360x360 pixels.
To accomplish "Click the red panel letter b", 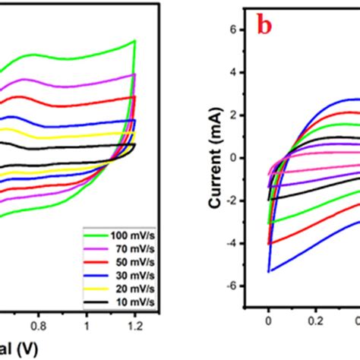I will pyautogui.click(x=264, y=26).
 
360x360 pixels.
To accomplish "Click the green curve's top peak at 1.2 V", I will pyautogui.click(x=134, y=41).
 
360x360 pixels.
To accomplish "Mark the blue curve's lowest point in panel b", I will pyautogui.click(x=269, y=271).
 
